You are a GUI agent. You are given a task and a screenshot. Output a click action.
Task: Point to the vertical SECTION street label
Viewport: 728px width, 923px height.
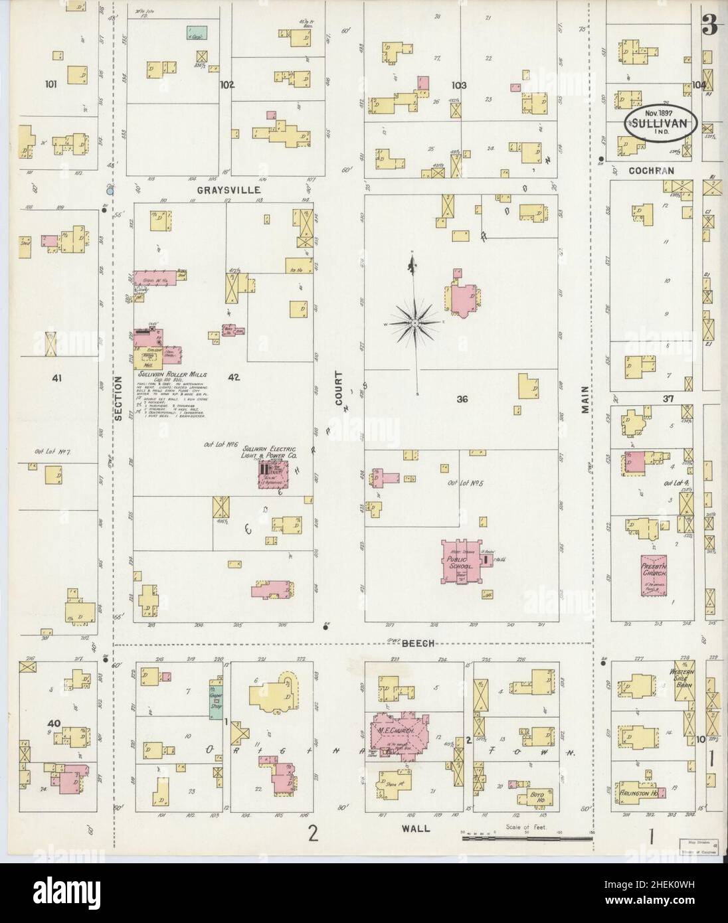click(119, 398)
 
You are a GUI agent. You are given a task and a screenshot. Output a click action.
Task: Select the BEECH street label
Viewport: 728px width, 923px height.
click(417, 643)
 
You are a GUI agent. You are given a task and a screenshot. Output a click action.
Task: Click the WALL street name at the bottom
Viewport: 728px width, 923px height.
click(416, 829)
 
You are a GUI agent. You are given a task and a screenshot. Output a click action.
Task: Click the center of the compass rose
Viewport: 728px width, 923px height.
click(414, 323)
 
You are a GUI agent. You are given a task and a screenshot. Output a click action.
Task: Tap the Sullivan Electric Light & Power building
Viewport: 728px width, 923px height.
click(271, 475)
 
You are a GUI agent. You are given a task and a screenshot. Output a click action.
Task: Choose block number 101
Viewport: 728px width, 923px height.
click(51, 84)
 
